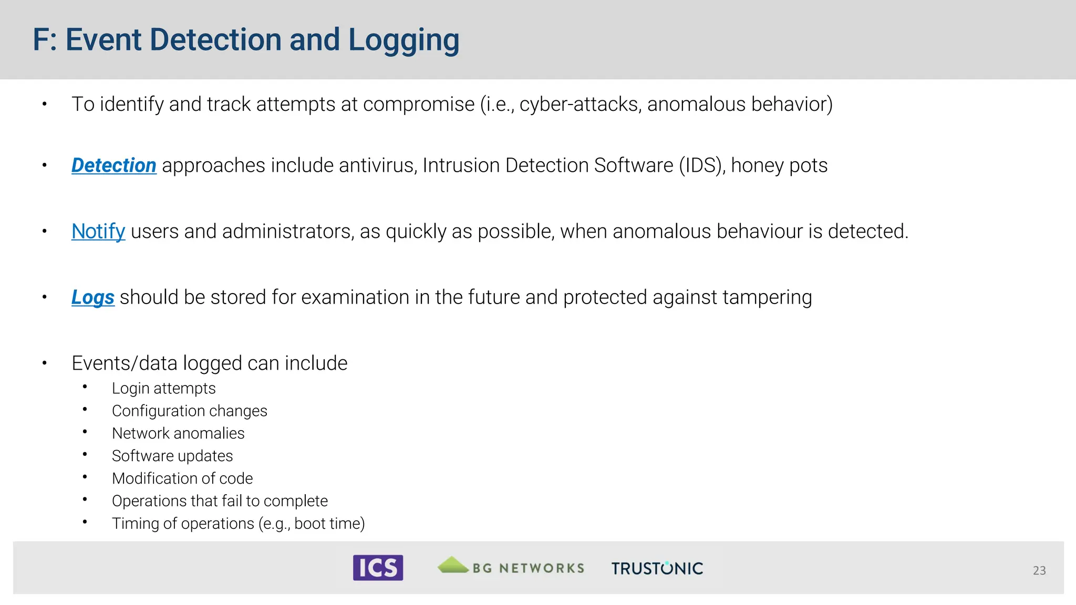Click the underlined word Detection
click(x=113, y=165)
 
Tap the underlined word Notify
click(x=98, y=231)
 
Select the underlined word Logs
click(x=93, y=297)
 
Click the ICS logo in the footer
click(x=378, y=568)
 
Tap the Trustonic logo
click(x=657, y=568)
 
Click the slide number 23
click(x=1039, y=570)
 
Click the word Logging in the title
click(x=403, y=40)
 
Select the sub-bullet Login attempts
click(x=163, y=388)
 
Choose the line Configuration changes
click(x=189, y=411)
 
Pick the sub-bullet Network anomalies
click(x=178, y=433)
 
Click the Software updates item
click(x=172, y=456)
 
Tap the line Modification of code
click(x=182, y=478)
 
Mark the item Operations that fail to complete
click(x=220, y=501)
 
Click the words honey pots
click(x=779, y=165)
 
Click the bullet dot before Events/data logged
click(x=45, y=363)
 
